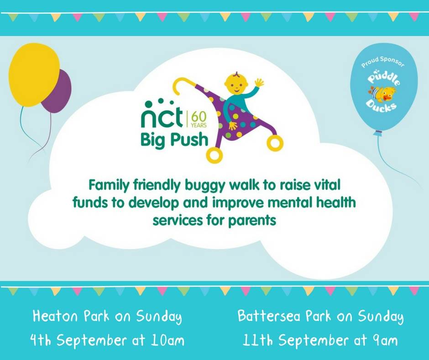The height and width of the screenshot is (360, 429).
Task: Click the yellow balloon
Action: [x=34, y=74]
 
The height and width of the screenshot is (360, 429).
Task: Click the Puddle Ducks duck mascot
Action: [x=382, y=94]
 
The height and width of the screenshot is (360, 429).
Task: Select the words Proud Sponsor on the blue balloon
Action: [x=382, y=62]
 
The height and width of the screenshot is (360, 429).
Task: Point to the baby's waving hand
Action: [x=259, y=83]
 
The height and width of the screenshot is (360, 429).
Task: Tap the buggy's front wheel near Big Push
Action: [x=214, y=155]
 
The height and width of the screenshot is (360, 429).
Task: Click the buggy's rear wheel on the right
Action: [x=275, y=143]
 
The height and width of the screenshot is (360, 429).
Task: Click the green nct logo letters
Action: [x=162, y=114]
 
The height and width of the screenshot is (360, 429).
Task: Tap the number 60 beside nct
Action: [x=199, y=117]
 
